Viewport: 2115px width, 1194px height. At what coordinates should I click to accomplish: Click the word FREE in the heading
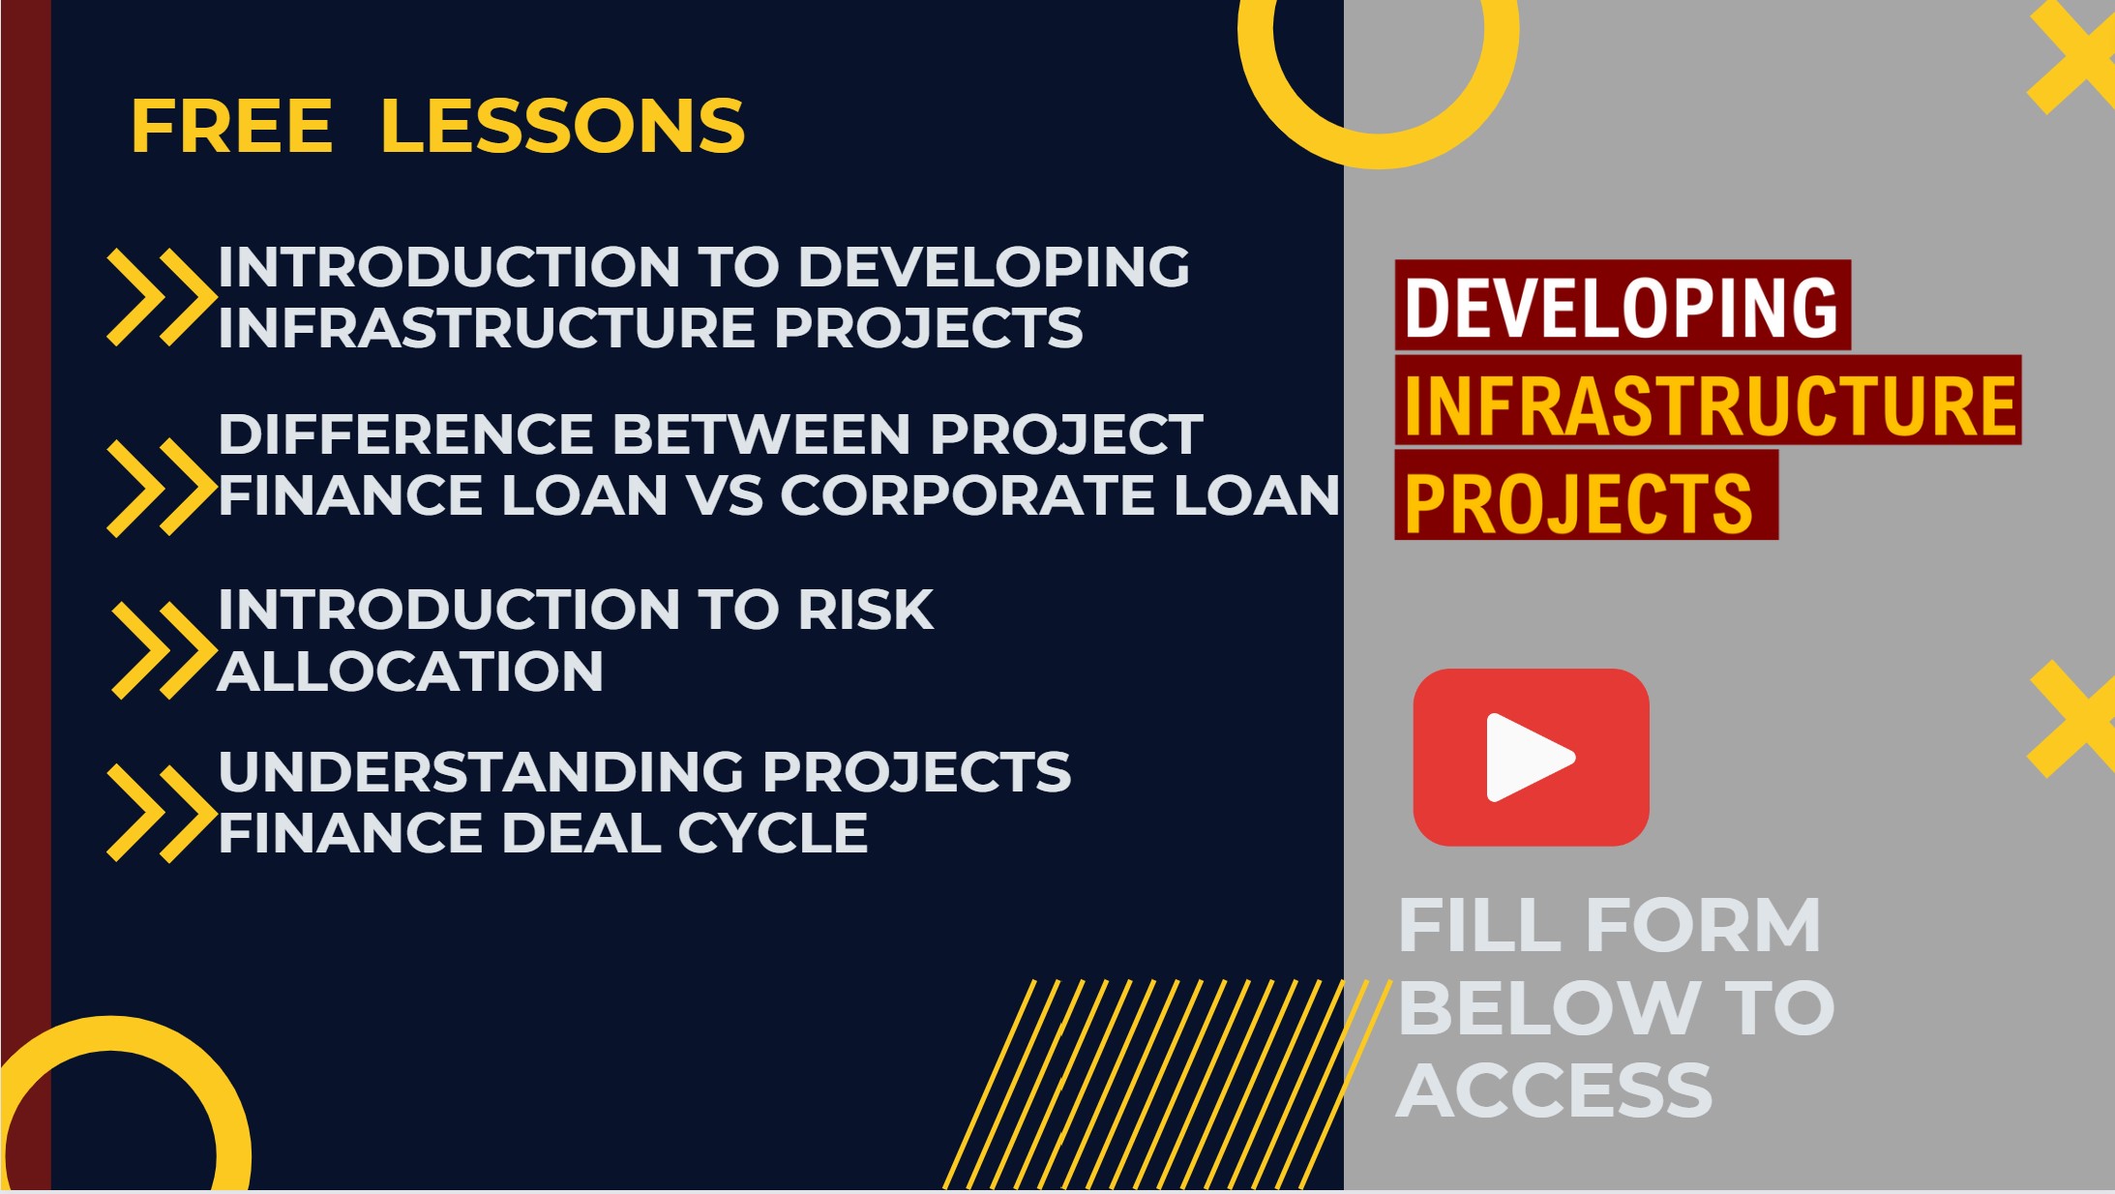click(232, 126)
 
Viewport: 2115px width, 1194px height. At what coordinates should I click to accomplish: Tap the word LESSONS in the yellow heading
click(563, 126)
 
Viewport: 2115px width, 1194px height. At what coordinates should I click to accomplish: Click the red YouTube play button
click(1531, 758)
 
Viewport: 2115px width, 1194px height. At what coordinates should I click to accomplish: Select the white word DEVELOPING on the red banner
click(1621, 307)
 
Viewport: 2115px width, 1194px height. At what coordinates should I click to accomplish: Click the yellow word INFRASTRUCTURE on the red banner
click(1710, 404)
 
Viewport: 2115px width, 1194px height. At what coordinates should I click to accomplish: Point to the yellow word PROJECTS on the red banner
click(1578, 503)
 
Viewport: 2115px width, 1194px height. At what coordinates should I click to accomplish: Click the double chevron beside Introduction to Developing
click(162, 297)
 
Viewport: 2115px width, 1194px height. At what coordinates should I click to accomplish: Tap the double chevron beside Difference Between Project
click(162, 488)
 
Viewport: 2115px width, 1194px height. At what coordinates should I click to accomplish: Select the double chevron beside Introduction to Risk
click(164, 650)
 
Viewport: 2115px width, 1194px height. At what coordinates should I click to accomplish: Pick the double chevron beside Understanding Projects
click(162, 813)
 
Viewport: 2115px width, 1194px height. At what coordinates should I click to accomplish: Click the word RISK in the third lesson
click(866, 610)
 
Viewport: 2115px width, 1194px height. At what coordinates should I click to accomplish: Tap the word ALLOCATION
click(411, 672)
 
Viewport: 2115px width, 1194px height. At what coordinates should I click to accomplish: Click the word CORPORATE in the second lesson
click(968, 495)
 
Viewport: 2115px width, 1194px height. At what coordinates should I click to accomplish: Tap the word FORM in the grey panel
click(1704, 926)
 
